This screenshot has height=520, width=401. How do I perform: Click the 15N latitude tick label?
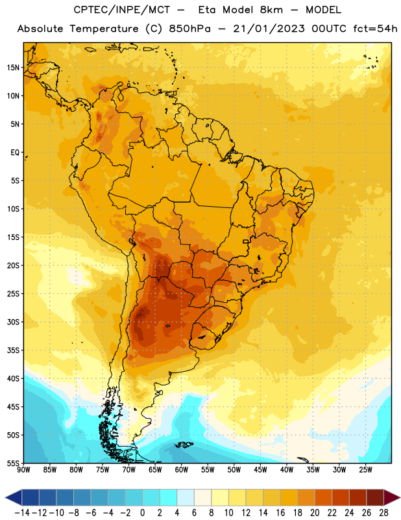(x=13, y=68)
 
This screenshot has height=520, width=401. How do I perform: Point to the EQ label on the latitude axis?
(x=15, y=153)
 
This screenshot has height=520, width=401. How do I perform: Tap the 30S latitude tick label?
(x=13, y=322)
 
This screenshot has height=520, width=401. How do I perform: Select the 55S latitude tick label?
(x=13, y=463)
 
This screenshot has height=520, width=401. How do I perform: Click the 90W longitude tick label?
(x=23, y=470)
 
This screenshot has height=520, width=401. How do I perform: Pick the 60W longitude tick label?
(x=182, y=470)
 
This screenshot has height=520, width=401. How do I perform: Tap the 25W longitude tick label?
(x=365, y=470)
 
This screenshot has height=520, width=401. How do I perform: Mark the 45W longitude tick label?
(x=260, y=470)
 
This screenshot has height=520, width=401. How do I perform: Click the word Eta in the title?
(x=207, y=10)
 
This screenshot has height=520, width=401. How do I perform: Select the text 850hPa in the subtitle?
(x=189, y=29)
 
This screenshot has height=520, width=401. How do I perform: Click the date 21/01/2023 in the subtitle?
(x=269, y=29)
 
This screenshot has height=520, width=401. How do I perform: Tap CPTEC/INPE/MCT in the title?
(x=121, y=10)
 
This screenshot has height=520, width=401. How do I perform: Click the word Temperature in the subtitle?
(x=104, y=29)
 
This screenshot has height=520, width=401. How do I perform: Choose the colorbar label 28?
(x=383, y=513)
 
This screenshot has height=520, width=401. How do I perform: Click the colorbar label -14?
(x=22, y=513)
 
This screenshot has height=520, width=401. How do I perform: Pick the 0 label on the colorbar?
(x=142, y=513)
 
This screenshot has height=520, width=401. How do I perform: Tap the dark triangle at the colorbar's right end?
(x=392, y=497)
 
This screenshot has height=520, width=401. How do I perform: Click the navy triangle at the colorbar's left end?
(x=14, y=497)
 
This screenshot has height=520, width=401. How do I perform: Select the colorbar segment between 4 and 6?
(x=186, y=497)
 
